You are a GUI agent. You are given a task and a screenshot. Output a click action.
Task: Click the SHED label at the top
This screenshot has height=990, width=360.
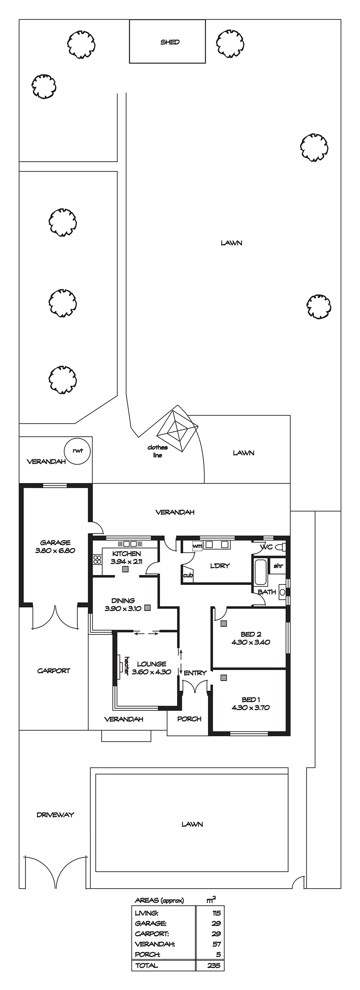tap(170, 42)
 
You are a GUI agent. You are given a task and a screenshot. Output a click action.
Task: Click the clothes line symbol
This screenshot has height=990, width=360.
tap(177, 430)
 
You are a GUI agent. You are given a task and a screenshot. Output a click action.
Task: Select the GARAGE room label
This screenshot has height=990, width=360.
tap(55, 543)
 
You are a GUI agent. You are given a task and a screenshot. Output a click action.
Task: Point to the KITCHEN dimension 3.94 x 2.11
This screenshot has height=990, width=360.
tap(126, 562)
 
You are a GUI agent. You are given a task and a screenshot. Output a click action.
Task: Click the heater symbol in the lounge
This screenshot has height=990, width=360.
tap(119, 663)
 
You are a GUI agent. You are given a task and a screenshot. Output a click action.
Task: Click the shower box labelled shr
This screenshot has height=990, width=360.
tap(278, 566)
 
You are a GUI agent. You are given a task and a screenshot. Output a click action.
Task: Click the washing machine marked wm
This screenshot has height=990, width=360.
tap(197, 546)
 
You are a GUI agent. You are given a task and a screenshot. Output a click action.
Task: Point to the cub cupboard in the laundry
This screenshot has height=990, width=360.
tap(188, 575)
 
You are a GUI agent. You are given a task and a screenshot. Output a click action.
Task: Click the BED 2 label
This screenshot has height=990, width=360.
tap(251, 634)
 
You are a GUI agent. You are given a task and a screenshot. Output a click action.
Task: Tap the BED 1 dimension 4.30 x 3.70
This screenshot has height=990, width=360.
tap(251, 708)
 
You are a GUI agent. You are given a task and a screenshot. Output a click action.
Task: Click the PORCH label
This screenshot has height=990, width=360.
tap(189, 719)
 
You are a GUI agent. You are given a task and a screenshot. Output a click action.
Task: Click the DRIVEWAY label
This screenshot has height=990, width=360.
tap(55, 811)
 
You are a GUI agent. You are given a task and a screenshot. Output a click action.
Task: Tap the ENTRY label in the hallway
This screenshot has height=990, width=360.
tap(195, 673)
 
